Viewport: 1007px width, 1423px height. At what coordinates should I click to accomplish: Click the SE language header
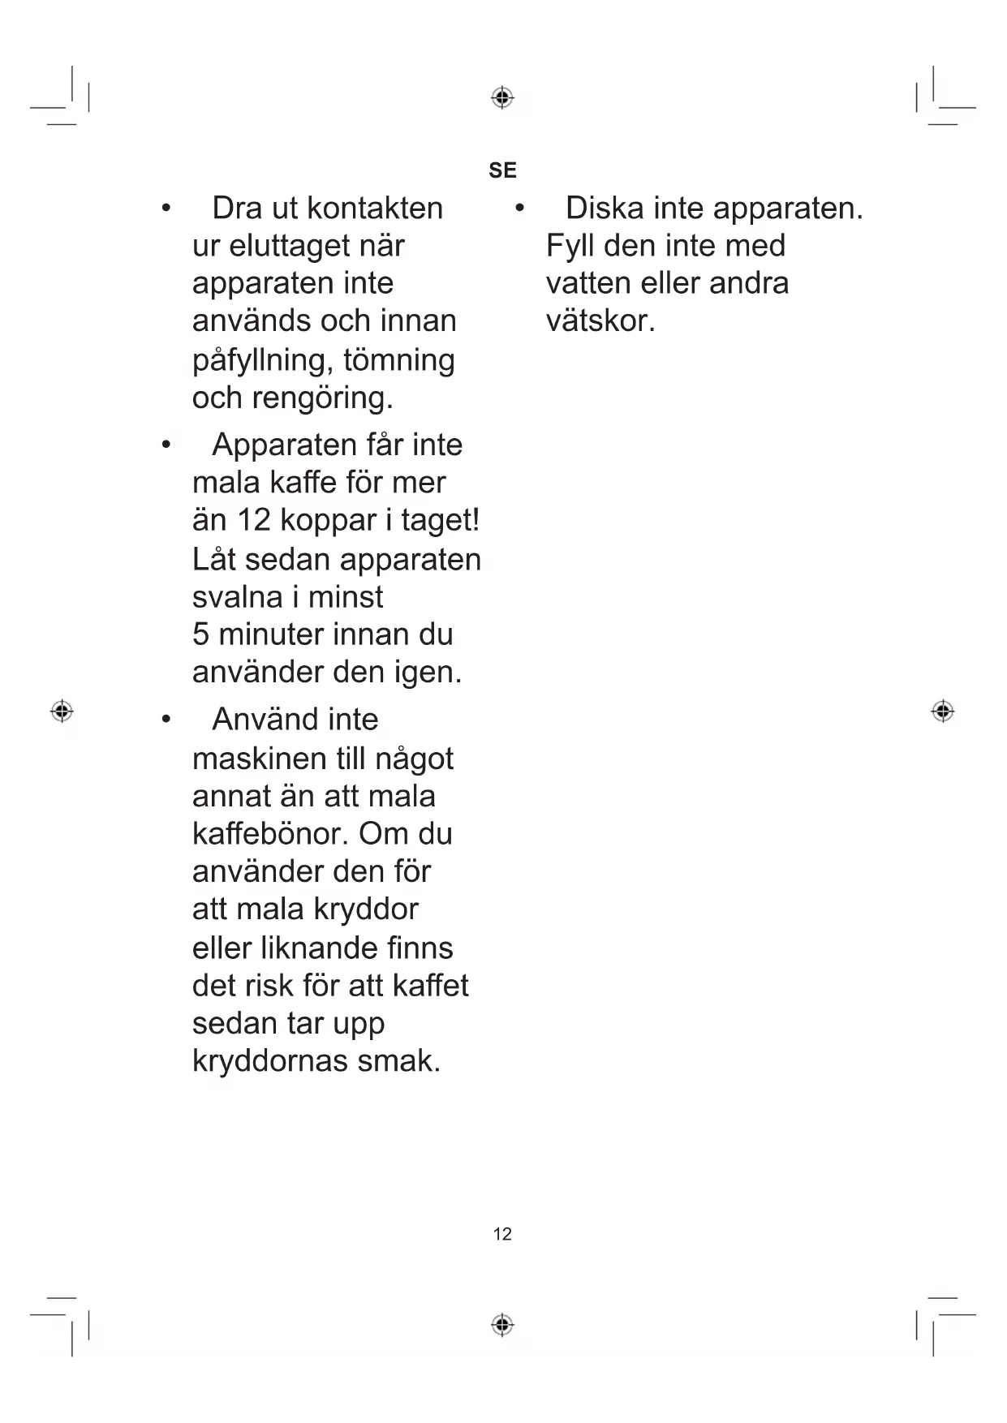pos(502,170)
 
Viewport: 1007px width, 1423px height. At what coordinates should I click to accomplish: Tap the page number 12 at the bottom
pos(502,1234)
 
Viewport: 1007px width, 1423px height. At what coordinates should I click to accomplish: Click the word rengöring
pos(322,398)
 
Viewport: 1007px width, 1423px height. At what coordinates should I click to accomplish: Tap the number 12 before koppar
pos(253,520)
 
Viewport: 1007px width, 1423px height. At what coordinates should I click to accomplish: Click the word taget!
pos(441,520)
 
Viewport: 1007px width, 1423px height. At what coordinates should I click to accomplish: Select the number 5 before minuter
pos(200,634)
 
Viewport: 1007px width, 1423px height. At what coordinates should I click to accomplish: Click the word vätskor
pos(600,321)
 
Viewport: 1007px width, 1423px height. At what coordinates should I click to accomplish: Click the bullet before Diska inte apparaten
pos(519,209)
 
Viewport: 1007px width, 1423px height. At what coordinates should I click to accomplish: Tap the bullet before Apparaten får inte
pos(166,445)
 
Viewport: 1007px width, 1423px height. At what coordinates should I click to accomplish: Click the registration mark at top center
pos(502,98)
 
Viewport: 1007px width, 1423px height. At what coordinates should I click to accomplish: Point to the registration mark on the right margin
pos(942,711)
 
